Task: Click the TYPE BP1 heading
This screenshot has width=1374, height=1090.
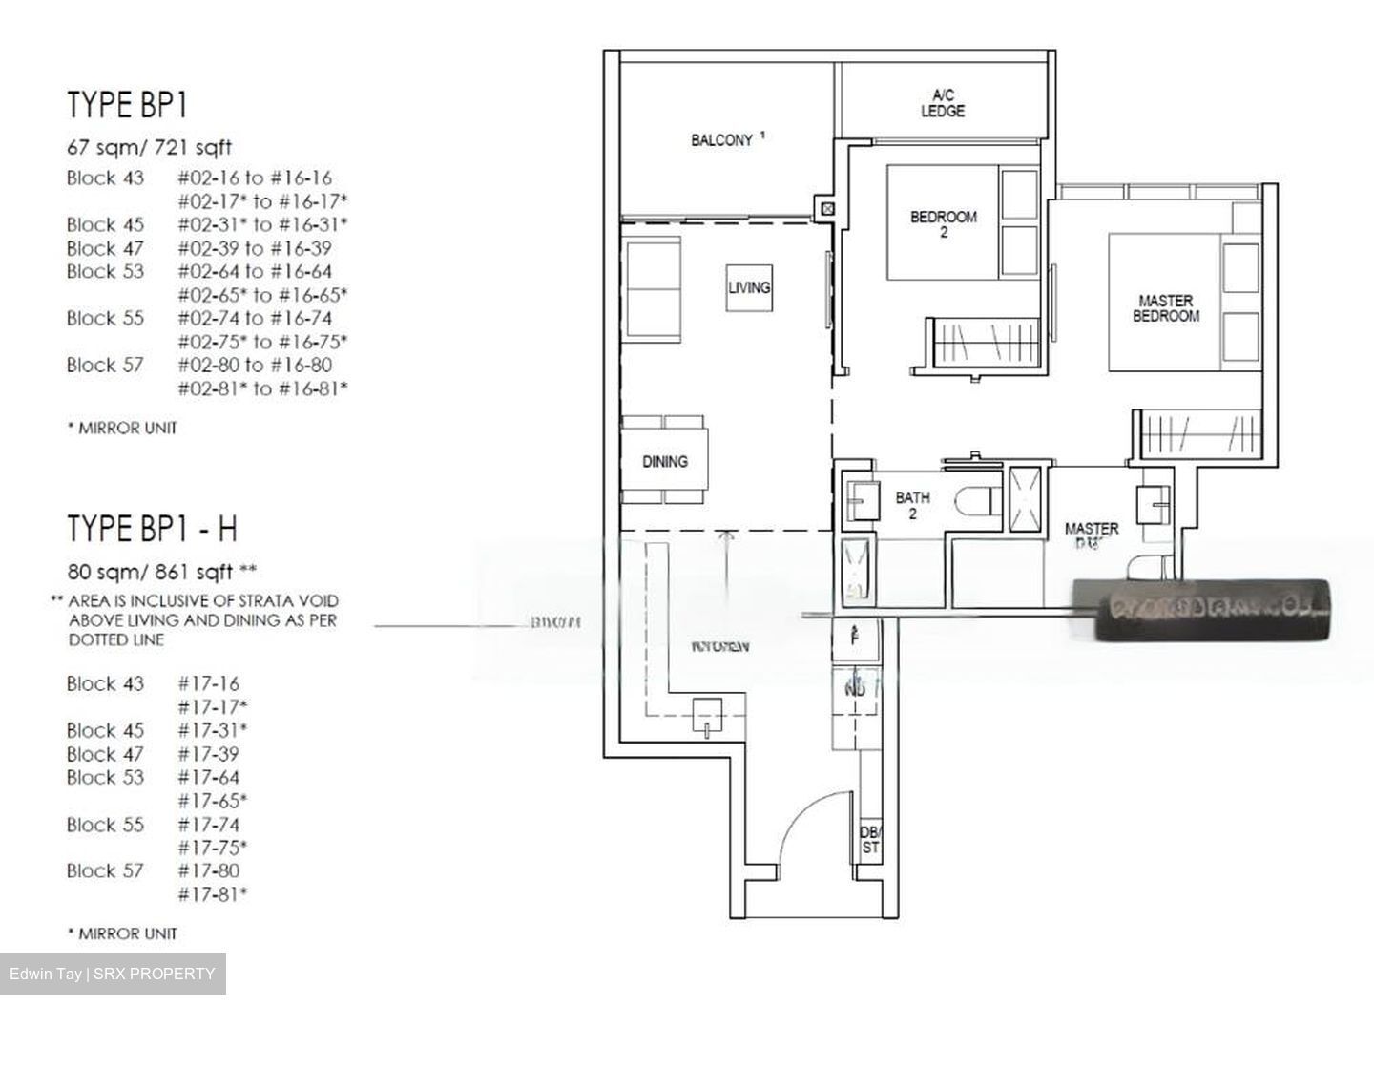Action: coord(127,105)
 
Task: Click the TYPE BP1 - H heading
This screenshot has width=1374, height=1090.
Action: coord(152,528)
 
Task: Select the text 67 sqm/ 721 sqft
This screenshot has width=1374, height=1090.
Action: coord(149,148)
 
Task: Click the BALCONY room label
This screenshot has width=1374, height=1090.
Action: coord(722,140)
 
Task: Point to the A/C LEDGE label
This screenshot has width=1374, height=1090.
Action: coord(942,103)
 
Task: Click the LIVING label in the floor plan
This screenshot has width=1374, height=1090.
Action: coord(749,287)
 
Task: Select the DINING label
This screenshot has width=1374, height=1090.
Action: coord(664,462)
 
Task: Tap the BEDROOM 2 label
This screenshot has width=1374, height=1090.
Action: coord(943,224)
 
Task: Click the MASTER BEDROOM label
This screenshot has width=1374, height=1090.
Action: coord(1165,308)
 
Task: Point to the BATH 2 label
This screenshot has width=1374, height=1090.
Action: coord(912,505)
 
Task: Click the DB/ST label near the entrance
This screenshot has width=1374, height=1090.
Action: coord(869,840)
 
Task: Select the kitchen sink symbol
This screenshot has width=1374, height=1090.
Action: coord(706,716)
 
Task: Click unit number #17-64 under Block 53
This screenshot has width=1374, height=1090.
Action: coord(208,778)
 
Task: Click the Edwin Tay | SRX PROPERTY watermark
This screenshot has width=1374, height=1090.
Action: coord(113,974)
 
